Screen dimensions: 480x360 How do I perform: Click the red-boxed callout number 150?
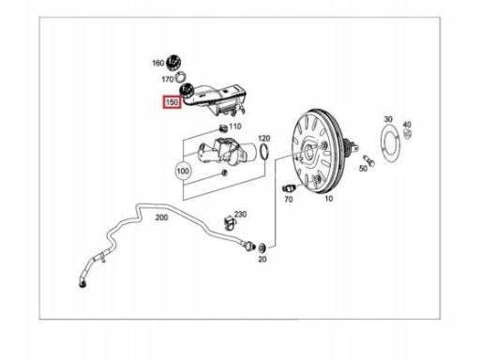(172, 102)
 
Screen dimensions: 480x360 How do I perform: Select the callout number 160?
(158, 63)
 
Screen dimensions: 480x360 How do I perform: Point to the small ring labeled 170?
(181, 76)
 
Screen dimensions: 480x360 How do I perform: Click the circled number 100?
(183, 171)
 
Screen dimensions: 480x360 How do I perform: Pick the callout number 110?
(235, 127)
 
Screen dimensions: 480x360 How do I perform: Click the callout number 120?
(264, 138)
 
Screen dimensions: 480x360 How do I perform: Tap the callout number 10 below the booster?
(329, 199)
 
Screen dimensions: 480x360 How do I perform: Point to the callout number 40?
(407, 125)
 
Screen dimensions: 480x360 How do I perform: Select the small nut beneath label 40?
(407, 134)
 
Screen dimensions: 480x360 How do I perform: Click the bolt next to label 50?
(368, 160)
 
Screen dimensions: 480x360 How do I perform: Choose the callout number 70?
(288, 199)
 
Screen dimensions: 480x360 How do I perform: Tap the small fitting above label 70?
(288, 188)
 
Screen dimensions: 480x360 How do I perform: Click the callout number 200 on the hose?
(161, 217)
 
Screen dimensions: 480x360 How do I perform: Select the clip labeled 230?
(230, 222)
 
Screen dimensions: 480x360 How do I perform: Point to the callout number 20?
(262, 259)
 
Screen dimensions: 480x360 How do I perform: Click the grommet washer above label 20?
(262, 247)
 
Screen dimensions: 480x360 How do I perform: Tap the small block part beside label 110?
(223, 127)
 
